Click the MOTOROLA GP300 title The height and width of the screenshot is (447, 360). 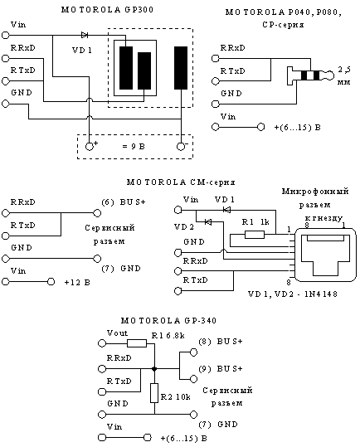pyautogui.click(x=108, y=10)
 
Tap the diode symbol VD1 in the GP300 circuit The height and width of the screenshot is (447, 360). pyautogui.click(x=85, y=35)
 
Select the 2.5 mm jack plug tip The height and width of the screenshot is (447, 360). pyautogui.click(x=330, y=75)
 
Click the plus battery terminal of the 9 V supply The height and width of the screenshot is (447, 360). pyautogui.click(x=90, y=147)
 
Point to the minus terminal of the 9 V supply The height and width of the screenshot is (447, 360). pyautogui.click(x=181, y=147)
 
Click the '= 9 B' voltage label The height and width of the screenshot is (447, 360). pyautogui.click(x=134, y=147)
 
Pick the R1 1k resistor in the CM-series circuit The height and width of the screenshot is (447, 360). pyautogui.click(x=255, y=235)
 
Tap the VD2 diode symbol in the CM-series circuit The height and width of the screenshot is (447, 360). pyautogui.click(x=208, y=221)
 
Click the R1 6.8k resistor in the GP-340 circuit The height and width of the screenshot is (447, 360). pyautogui.click(x=137, y=343)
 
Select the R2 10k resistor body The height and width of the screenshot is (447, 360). pyautogui.click(x=154, y=393)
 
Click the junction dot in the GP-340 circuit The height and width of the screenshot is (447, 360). pyautogui.click(x=154, y=369)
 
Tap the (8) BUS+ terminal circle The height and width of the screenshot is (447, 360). pyautogui.click(x=193, y=352)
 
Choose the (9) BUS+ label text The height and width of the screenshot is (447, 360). pyautogui.click(x=221, y=369)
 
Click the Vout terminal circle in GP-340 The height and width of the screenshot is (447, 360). pyautogui.click(x=102, y=343)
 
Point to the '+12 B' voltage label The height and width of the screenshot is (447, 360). pyautogui.click(x=77, y=283)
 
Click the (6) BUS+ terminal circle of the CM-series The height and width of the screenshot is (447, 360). pyautogui.click(x=97, y=213)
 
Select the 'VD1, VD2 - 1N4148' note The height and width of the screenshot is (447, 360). pyautogui.click(x=293, y=294)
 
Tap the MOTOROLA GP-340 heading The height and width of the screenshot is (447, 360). pyautogui.click(x=168, y=321)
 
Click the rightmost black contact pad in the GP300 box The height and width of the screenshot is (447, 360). pyautogui.click(x=181, y=68)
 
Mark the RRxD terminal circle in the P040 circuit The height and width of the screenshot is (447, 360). pyautogui.click(x=215, y=58)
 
